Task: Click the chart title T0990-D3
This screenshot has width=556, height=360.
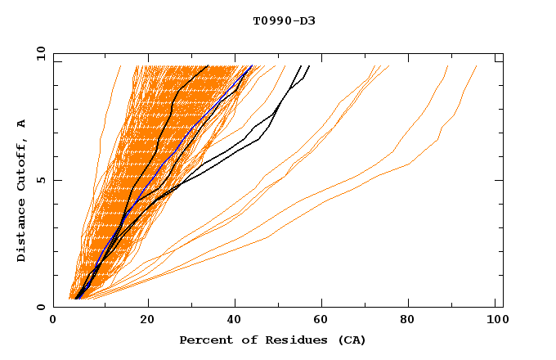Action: point(285,20)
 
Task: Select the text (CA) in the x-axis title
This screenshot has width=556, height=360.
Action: point(352,340)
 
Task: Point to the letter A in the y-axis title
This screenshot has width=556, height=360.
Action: point(22,123)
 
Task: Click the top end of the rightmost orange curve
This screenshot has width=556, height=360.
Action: point(477,65)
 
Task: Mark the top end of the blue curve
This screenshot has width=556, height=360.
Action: point(253,65)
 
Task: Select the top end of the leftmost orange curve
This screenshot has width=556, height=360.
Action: point(120,65)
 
